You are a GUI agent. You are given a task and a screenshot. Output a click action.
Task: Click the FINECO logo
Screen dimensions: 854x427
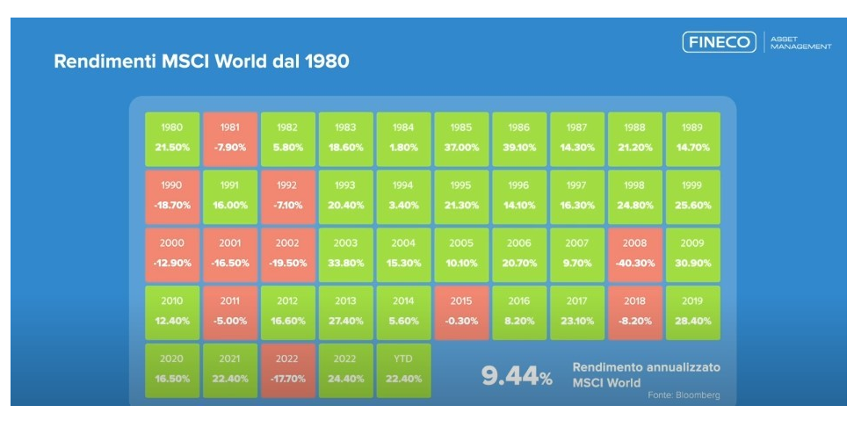pyautogui.click(x=719, y=42)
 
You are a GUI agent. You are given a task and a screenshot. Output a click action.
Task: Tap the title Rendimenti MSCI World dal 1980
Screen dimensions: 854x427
pyautogui.click(x=201, y=61)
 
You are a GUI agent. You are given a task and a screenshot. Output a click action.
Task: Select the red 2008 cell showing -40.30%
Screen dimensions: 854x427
pyautogui.click(x=635, y=255)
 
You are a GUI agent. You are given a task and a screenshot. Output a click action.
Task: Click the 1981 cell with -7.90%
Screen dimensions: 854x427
pyautogui.click(x=230, y=140)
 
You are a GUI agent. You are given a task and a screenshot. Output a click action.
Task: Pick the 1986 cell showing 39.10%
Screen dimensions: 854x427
pyautogui.click(x=519, y=140)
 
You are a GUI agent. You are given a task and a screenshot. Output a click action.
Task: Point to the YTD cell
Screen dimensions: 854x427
pyautogui.click(x=403, y=371)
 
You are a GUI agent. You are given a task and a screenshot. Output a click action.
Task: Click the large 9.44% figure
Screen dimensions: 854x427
pyautogui.click(x=517, y=377)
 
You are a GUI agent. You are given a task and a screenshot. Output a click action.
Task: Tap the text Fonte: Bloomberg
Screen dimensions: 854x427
pyautogui.click(x=684, y=395)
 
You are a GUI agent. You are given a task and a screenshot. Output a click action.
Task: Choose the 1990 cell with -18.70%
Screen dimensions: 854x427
pyautogui.click(x=172, y=197)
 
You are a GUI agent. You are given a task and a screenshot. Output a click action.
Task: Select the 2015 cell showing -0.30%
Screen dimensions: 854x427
pyautogui.click(x=461, y=313)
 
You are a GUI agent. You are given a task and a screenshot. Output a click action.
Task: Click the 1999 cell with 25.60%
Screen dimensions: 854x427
pyautogui.click(x=693, y=197)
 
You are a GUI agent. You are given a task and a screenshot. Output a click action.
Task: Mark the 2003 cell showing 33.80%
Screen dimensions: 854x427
pyautogui.click(x=346, y=255)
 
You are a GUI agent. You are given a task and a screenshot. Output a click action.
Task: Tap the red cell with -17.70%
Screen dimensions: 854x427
pyautogui.click(x=287, y=371)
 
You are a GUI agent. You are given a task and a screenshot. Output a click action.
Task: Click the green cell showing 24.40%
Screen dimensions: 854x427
pyautogui.click(x=346, y=371)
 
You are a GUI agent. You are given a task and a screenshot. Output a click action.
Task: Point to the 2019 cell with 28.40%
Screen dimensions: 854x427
pyautogui.click(x=693, y=313)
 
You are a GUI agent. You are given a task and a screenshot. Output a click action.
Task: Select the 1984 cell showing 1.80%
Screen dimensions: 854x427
pyautogui.click(x=403, y=140)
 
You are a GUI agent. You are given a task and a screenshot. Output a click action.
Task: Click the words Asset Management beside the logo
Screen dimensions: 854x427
pyautogui.click(x=800, y=42)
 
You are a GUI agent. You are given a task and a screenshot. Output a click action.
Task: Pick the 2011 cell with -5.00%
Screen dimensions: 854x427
pyautogui.click(x=230, y=313)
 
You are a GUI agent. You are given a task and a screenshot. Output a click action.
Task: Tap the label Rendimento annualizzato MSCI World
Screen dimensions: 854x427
pyautogui.click(x=646, y=374)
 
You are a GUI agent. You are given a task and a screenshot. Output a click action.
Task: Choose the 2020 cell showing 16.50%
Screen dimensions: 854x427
pyautogui.click(x=172, y=371)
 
